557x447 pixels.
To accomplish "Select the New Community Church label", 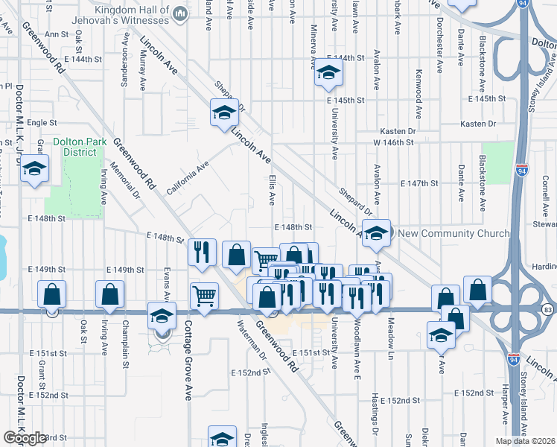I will pyautogui.click(x=454, y=233).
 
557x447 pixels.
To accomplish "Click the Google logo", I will pyautogui.click(x=25, y=438).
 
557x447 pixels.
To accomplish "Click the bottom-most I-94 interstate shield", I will pyautogui.click(x=514, y=359).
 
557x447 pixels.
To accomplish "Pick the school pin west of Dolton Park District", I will pyautogui.click(x=34, y=170).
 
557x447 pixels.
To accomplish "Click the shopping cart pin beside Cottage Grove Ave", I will pyautogui.click(x=204, y=296).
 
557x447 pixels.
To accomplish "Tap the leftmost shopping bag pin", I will pyautogui.click(x=51, y=294).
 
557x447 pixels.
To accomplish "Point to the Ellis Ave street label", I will pyautogui.click(x=272, y=189).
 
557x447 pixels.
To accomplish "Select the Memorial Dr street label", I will pyautogui.click(x=125, y=182).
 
